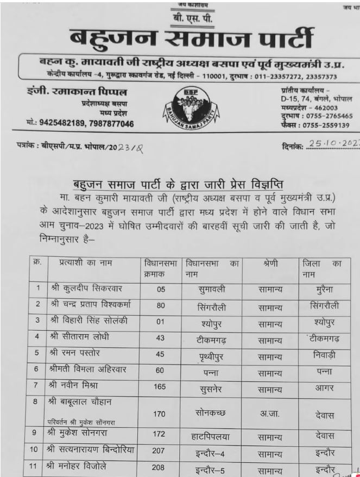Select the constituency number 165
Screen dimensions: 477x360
pos(160,388)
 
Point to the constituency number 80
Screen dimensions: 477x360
pos(160,306)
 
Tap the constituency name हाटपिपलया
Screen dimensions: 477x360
pos(212,436)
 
